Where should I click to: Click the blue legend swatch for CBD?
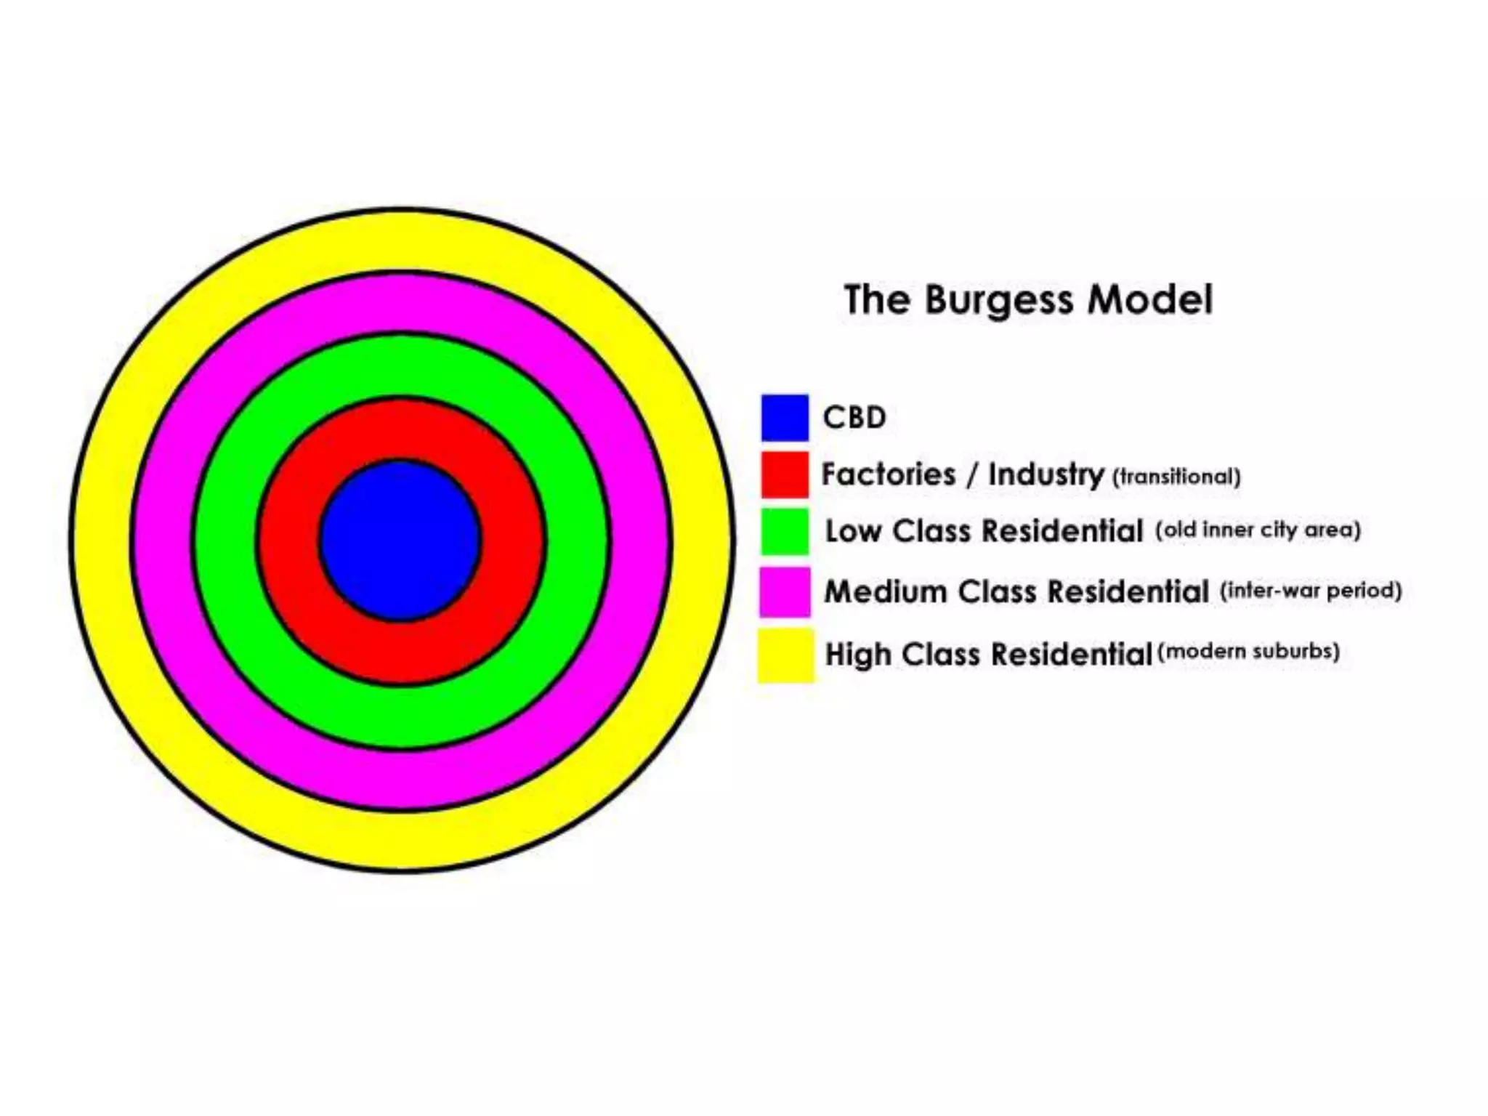[785, 418]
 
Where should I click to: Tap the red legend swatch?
[785, 474]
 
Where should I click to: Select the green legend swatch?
[785, 531]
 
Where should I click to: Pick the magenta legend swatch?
[785, 591]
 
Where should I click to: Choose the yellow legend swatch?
[785, 655]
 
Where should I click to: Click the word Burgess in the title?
[998, 300]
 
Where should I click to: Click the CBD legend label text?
[854, 418]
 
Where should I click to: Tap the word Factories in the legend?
[888, 474]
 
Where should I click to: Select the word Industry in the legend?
[1046, 474]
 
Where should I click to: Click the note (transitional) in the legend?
[1176, 477]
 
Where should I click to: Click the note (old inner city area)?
[1258, 530]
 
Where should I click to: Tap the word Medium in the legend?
[885, 591]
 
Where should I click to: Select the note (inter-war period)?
[1311, 590]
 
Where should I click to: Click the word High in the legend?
[858, 654]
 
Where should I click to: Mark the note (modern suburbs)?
[1248, 651]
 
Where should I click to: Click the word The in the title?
[876, 299]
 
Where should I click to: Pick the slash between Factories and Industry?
[972, 475]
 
